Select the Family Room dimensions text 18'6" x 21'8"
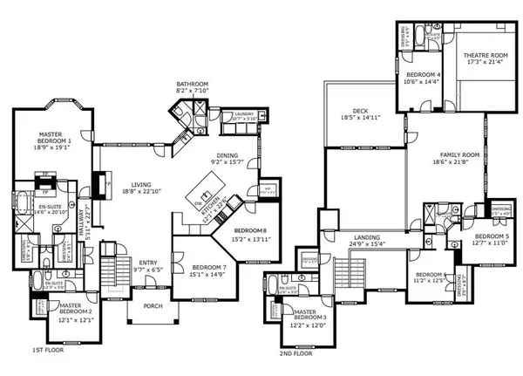pos(442,161)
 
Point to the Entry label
pos(147,263)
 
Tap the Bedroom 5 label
pos(492,236)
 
